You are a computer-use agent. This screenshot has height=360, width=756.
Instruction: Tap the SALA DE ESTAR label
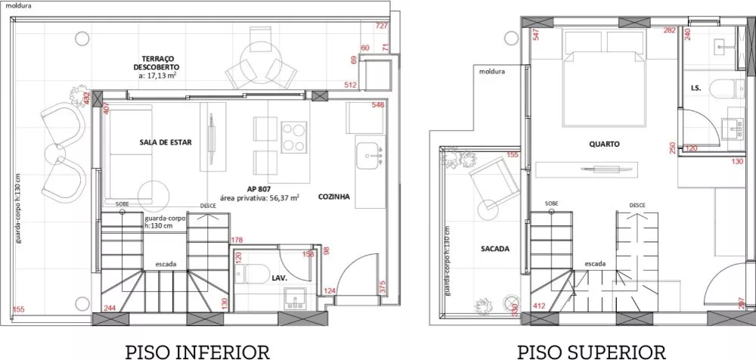[166, 141]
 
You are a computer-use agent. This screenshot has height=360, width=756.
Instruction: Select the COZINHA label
[333, 196]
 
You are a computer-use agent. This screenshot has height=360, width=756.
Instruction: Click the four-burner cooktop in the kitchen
[294, 137]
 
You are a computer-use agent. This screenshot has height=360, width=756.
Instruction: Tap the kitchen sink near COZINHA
[370, 156]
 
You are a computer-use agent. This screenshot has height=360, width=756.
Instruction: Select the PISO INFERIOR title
[197, 351]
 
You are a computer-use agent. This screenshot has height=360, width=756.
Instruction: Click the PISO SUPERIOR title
[591, 351]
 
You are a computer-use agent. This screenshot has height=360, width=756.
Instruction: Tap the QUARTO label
[605, 143]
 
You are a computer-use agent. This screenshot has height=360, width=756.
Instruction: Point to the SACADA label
[494, 248]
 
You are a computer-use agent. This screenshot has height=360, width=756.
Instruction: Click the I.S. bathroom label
[696, 88]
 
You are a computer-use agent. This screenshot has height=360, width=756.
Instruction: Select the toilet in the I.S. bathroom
[729, 88]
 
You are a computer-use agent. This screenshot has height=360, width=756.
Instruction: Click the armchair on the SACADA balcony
[488, 182]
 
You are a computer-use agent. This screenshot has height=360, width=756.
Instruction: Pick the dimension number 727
[381, 26]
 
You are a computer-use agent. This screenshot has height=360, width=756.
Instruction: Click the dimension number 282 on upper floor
[669, 30]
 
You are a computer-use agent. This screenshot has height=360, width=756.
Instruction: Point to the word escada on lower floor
[167, 264]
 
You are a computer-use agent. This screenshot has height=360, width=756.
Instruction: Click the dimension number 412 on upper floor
[539, 306]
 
